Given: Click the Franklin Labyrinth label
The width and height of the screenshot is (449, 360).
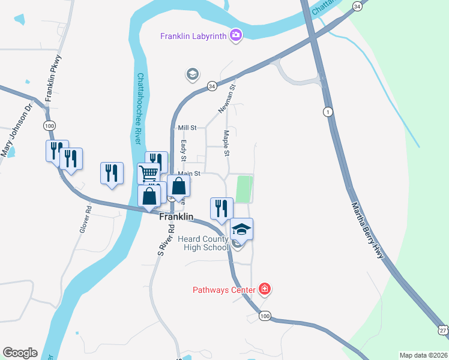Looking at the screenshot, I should point(193,36).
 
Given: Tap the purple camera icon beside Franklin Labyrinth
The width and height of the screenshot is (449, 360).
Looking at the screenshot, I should point(236,35).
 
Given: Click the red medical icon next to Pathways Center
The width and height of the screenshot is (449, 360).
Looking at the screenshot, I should point(265,290).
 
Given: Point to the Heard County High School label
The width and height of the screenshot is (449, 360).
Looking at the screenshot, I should point(203,243).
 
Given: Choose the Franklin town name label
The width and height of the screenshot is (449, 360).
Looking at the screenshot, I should point(176,217).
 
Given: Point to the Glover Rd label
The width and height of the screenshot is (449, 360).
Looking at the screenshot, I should point(84,220).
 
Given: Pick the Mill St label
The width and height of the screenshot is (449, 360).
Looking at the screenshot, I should point(187,128).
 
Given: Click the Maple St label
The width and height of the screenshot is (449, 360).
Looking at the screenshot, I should point(226,144).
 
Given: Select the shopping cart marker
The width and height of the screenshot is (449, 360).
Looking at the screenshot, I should point(148,173).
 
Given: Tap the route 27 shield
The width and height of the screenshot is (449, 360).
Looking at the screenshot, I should point(443,329).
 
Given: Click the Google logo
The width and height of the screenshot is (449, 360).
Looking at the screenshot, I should point(20,353).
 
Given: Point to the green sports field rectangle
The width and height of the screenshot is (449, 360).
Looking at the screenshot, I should point(244,189).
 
